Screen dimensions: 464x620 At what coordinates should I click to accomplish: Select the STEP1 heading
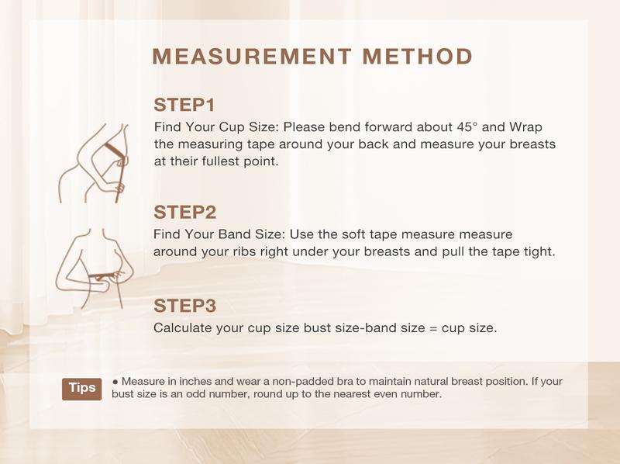click(x=184, y=105)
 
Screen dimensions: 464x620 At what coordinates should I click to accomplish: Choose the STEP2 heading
click(x=184, y=212)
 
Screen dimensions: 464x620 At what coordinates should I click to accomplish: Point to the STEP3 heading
click(x=184, y=304)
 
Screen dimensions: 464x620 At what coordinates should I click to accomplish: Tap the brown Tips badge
click(x=82, y=388)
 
